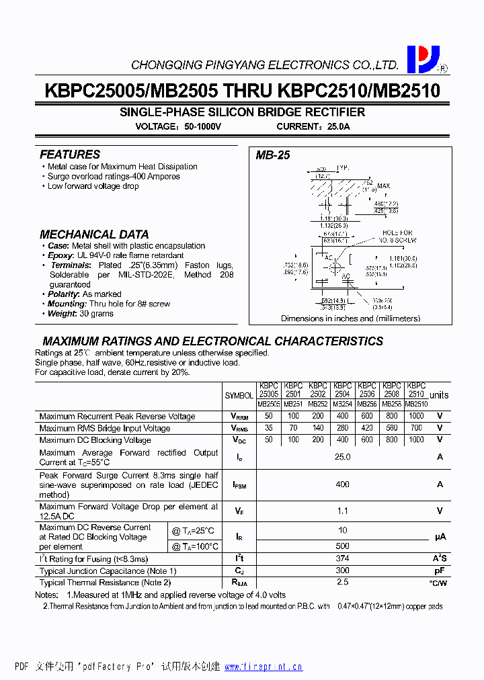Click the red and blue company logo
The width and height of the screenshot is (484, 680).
pos(423,59)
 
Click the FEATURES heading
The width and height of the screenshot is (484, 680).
pos(70,155)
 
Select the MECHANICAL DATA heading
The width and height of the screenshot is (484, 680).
pos(94,235)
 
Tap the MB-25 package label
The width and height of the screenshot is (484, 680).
pos(273,155)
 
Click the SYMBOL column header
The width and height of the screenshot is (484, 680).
pos(239,396)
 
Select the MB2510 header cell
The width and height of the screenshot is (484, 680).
pos(417,405)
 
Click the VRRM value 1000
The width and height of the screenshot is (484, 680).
pos(416,416)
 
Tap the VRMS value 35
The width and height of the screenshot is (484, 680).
pos(269,428)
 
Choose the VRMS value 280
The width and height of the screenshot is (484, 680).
pos(343,428)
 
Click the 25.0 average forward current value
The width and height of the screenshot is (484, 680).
pos(343,457)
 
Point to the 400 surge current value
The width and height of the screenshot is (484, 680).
pos(343,484)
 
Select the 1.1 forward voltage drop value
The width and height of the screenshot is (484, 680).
pos(343,511)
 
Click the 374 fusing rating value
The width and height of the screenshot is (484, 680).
pos(343,559)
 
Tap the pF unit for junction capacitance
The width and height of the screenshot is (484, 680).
pos(440,571)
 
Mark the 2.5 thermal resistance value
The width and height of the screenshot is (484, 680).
pos(343,583)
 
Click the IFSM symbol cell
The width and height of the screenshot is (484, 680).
pos(239,484)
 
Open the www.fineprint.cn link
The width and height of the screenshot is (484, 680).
pos(263,667)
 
